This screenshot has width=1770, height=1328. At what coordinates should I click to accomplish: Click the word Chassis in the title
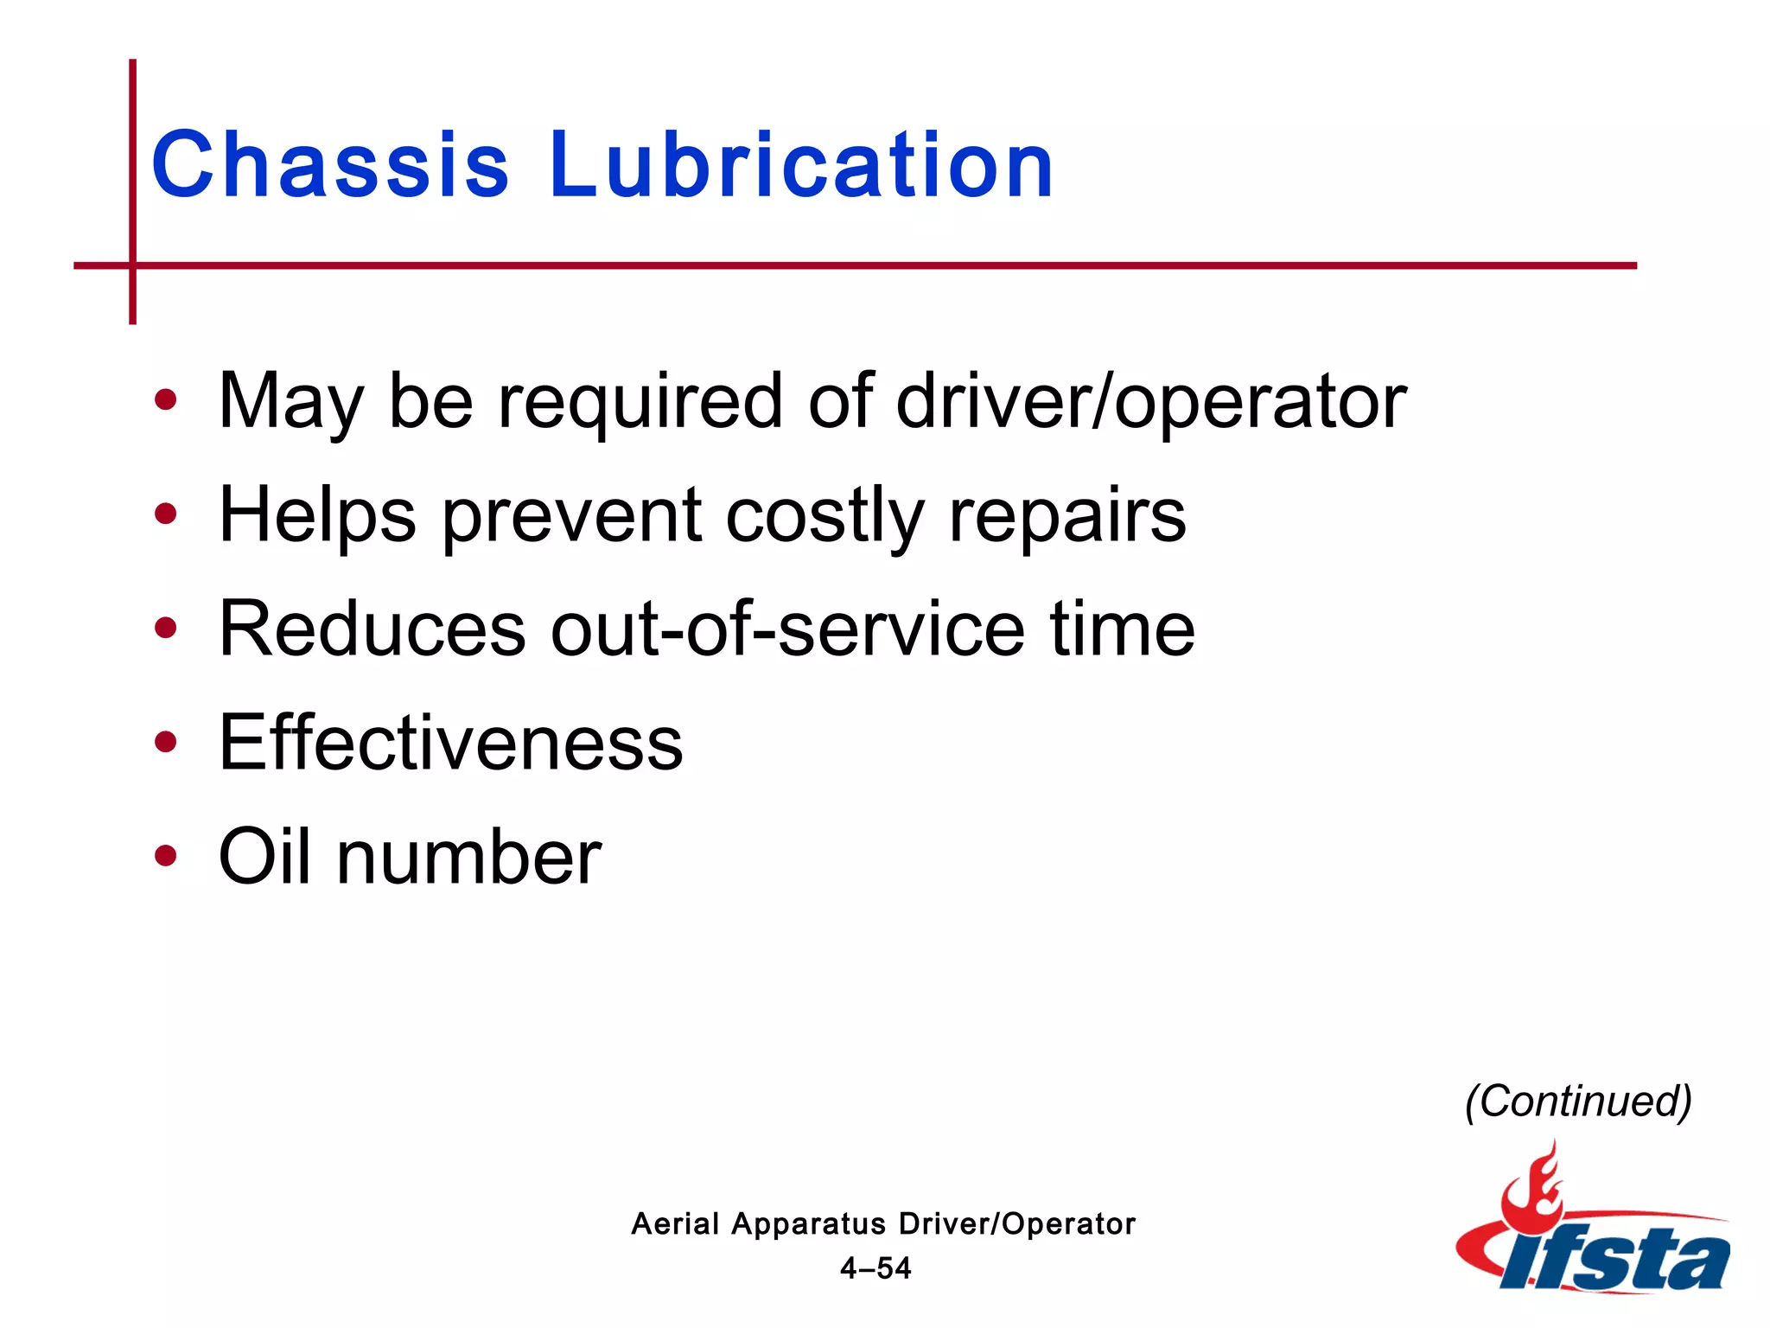pyautogui.click(x=330, y=164)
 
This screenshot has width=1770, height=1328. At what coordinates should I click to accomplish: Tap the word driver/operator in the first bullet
pyautogui.click(x=1151, y=401)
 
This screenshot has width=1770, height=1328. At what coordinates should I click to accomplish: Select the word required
pyautogui.click(x=640, y=403)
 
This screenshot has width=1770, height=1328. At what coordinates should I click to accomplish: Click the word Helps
pyautogui.click(x=317, y=517)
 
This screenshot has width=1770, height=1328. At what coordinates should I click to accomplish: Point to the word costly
pyautogui.click(x=825, y=517)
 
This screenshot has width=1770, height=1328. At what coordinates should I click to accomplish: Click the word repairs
pyautogui.click(x=1066, y=517)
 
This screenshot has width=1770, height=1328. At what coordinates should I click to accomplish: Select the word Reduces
pyautogui.click(x=372, y=629)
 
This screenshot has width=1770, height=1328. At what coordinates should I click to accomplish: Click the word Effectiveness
pyautogui.click(x=450, y=743)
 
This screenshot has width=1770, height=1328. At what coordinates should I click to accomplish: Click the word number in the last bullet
pyautogui.click(x=468, y=858)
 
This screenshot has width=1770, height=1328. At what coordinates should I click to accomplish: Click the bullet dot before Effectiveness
pyautogui.click(x=165, y=742)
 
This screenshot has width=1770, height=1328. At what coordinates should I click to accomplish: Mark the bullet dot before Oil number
pyautogui.click(x=165, y=856)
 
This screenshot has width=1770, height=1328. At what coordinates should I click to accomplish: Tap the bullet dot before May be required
pyautogui.click(x=165, y=400)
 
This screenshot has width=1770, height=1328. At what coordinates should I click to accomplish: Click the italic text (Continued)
pyautogui.click(x=1578, y=1101)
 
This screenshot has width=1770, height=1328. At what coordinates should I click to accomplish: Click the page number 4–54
pyautogui.click(x=875, y=1268)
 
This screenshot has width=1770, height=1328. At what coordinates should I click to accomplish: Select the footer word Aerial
pyautogui.click(x=675, y=1223)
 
